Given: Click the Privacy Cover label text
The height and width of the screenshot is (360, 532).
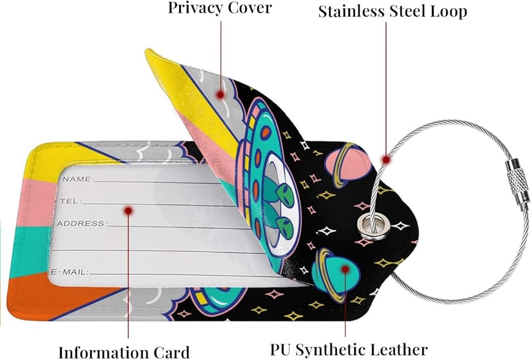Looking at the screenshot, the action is (x=220, y=8).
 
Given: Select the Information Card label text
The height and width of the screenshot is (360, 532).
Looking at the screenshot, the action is (x=123, y=352).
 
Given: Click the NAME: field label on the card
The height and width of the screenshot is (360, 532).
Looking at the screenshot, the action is (x=78, y=179).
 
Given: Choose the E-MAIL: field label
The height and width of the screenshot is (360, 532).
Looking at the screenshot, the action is (x=70, y=272).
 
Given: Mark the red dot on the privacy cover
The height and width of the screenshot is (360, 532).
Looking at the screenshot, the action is (x=220, y=95).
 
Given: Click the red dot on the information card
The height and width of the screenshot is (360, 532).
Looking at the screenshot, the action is (x=128, y=211).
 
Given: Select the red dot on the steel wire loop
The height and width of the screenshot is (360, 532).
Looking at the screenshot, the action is (x=385, y=158).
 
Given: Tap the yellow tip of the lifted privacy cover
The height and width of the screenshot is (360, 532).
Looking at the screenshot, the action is (x=160, y=69).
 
